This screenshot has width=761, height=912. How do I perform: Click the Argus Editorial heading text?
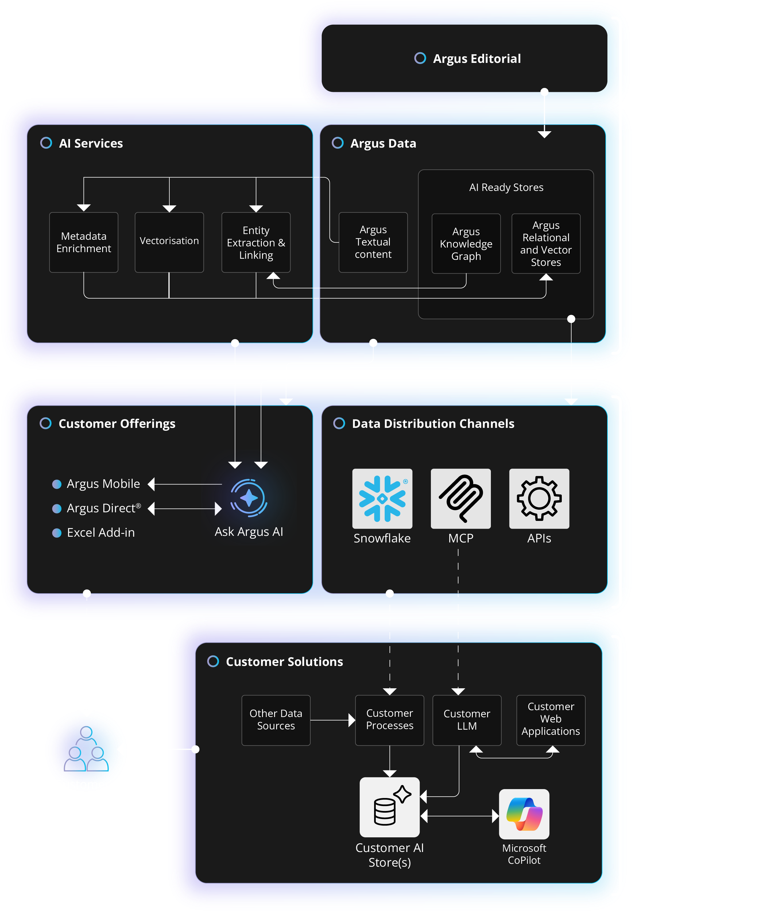[x=476, y=59]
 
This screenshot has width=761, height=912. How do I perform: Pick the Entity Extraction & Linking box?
[x=256, y=242]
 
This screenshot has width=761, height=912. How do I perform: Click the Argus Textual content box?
[x=373, y=242]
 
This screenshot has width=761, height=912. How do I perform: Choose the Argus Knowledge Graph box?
[x=466, y=244]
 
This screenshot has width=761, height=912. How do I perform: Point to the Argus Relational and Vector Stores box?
[x=546, y=244]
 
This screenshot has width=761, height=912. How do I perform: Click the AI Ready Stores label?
[x=506, y=187]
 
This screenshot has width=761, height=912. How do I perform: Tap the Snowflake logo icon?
[x=382, y=498]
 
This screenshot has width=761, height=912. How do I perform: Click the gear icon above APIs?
[x=539, y=498]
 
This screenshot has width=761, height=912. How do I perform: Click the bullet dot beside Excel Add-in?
[x=57, y=533]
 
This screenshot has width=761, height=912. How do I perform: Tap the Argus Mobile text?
[x=103, y=484]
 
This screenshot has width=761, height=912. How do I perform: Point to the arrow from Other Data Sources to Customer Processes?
[x=332, y=720]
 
